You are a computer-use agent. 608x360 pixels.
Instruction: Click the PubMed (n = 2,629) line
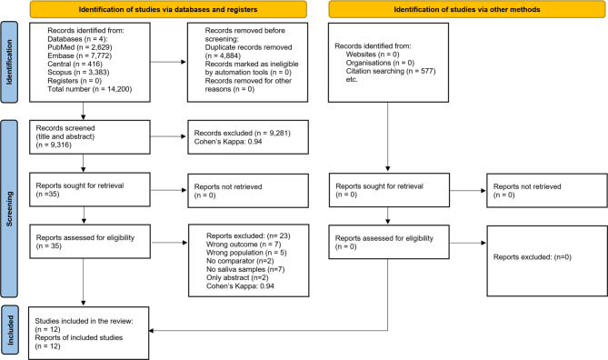coord(80,47)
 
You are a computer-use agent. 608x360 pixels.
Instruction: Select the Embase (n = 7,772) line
coord(79,55)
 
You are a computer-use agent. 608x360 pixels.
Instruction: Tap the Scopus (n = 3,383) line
coord(78,73)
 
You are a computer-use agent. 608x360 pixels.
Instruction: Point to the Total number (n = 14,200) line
coord(90,89)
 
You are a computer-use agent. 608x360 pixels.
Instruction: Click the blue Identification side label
coord(9,62)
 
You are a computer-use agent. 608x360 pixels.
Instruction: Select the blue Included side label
coord(10,330)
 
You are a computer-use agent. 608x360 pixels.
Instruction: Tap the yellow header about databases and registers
coord(168,9)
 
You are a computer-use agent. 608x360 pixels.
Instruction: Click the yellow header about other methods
coord(467,9)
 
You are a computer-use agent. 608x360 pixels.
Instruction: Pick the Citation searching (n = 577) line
coord(391,71)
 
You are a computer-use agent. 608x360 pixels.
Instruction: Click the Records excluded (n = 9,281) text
coord(243,133)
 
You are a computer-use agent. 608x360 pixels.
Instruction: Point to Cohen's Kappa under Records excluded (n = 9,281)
coord(228,142)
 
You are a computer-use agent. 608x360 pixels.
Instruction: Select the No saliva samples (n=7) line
coord(245,269)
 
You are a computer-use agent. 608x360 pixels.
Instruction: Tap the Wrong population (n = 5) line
coord(246,253)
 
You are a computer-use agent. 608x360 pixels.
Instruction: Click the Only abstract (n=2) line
coord(237,278)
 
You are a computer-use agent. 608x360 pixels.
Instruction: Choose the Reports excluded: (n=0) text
coord(533,256)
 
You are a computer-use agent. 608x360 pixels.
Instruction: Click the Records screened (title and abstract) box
coord(90,137)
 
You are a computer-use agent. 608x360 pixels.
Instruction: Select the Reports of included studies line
coord(79,337)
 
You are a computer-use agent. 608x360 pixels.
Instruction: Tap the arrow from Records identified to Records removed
coord(168,62)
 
